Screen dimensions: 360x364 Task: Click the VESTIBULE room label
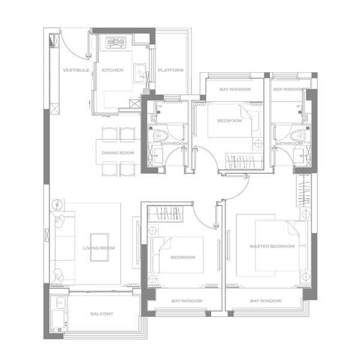[x=76, y=70]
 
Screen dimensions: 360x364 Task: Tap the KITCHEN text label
[x=113, y=70]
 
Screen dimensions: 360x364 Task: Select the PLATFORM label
[x=171, y=70]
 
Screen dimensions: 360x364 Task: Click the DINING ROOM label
[x=118, y=153]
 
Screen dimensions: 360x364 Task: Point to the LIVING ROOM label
[x=99, y=248]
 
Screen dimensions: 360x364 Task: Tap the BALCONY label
[x=102, y=314]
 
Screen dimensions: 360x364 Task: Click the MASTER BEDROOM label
[x=272, y=246]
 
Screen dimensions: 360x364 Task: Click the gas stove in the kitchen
[x=116, y=42]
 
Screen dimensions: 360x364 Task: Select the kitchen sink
[x=140, y=73]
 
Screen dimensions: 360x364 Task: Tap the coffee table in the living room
[x=100, y=247]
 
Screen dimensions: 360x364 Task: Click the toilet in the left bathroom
[x=160, y=136]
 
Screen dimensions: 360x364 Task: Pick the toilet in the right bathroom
[x=297, y=136]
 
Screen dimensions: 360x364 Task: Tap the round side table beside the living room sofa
[x=57, y=205]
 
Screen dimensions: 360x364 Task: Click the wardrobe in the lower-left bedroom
[x=166, y=214]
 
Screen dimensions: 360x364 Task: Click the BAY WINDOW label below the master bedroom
[x=266, y=301]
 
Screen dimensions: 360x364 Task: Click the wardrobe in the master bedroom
[x=304, y=190]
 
